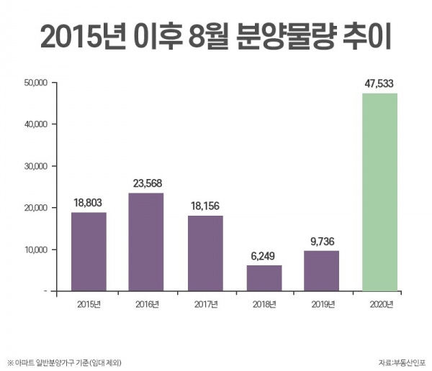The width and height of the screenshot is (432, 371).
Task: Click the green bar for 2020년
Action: [x=379, y=192]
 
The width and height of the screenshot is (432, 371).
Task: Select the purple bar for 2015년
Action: [x=89, y=252]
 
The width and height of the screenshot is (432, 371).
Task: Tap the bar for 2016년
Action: [x=147, y=242]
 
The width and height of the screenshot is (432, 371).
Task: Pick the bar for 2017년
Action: [x=205, y=253]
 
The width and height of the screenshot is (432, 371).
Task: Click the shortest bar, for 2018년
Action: [x=264, y=278]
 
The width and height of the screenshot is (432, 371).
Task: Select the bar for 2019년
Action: [x=321, y=270]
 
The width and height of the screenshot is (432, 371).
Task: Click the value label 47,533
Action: [x=379, y=83]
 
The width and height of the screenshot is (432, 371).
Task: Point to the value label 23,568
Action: [x=147, y=183]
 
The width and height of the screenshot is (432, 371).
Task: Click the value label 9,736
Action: [x=321, y=241]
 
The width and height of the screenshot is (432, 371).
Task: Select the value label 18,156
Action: [x=205, y=206]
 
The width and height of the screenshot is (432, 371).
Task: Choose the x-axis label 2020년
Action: [x=379, y=305]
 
